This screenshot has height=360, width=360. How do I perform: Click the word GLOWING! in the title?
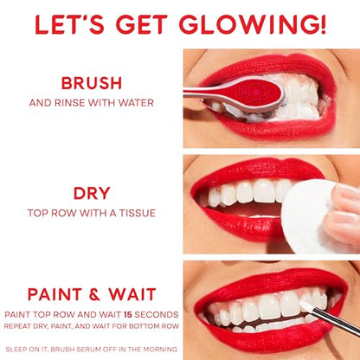click(x=254, y=24)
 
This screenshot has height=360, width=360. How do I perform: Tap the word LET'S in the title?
click(x=69, y=24)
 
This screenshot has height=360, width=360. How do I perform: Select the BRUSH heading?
click(x=92, y=83)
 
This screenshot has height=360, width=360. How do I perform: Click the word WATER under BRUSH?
click(x=138, y=103)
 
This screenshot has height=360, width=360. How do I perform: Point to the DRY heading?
click(x=92, y=193)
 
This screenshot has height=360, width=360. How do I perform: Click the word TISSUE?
click(x=138, y=213)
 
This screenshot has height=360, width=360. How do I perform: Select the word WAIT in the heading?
click(x=132, y=294)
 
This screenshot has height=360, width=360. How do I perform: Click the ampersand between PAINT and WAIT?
click(x=95, y=294)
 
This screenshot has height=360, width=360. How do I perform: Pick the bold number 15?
click(x=127, y=314)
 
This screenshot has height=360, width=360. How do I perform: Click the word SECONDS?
click(x=157, y=314)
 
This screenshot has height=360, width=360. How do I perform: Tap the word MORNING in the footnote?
click(x=160, y=350)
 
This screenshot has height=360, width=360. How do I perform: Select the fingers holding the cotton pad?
click(x=344, y=214)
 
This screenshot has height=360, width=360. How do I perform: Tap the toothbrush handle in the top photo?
click(x=208, y=93)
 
